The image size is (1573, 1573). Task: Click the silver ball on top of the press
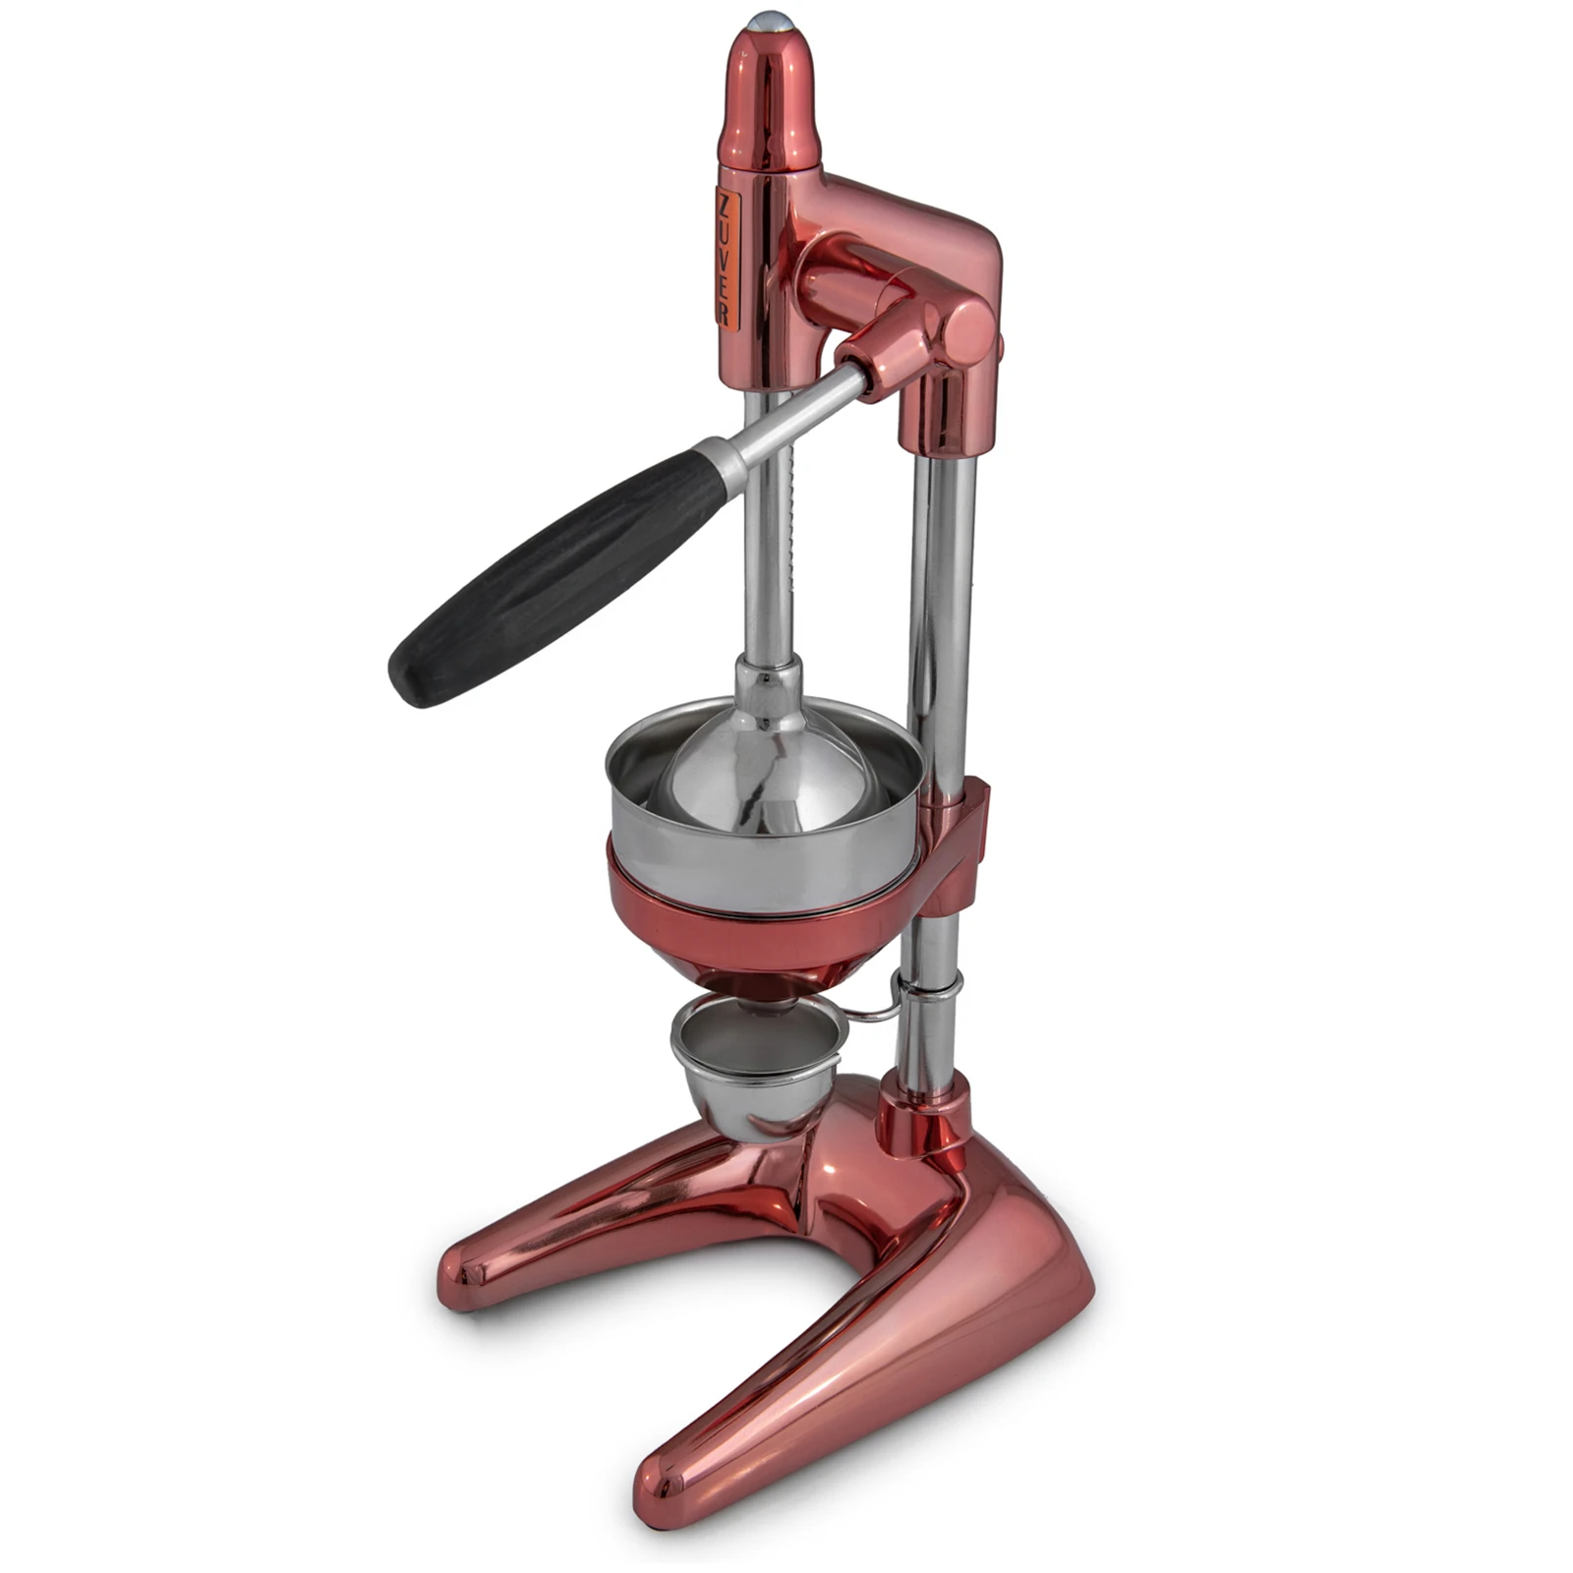point(770,21)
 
